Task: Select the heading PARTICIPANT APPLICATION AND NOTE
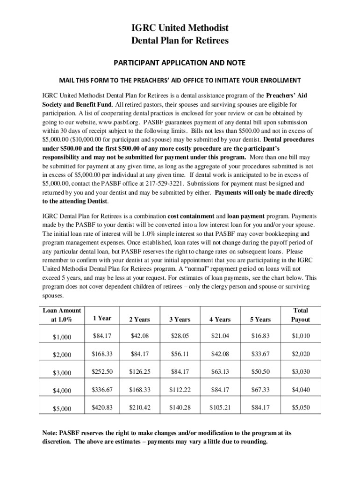point(180,63)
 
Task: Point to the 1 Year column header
point(102,319)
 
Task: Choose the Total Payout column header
point(301,315)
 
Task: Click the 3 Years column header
point(180,319)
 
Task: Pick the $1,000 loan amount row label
point(62,337)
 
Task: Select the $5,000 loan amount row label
point(62,409)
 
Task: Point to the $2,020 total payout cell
point(301,354)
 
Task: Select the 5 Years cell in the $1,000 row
point(260,336)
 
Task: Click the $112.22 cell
point(180,390)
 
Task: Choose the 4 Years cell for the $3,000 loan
point(220,372)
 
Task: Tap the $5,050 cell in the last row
point(301,407)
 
